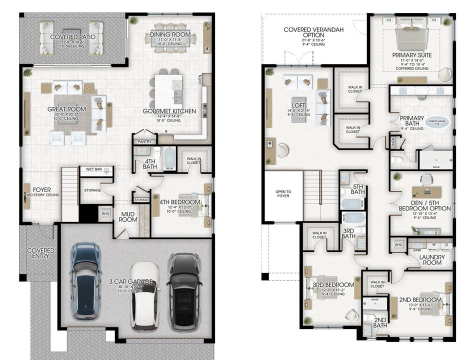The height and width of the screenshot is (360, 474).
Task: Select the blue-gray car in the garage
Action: (86, 280)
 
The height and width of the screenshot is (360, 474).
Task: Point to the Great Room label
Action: (66, 109)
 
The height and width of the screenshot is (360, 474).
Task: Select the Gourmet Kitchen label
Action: (169, 111)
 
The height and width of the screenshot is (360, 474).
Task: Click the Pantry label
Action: (144, 142)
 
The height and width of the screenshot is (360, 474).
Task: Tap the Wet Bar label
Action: (94, 169)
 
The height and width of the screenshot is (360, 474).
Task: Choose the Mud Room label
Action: (127, 216)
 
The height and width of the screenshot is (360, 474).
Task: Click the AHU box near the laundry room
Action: (398, 244)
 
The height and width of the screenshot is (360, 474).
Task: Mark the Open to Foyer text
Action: (283, 194)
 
